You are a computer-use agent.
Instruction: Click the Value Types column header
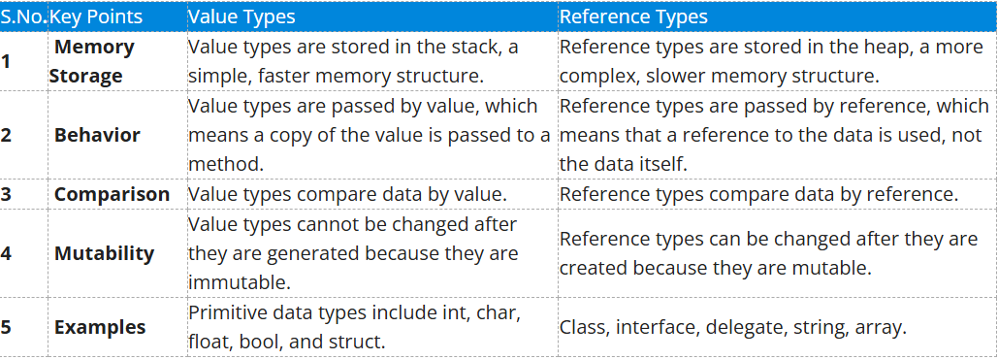point(241,16)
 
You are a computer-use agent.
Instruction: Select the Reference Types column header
point(633,16)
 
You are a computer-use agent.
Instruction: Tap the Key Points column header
point(95,16)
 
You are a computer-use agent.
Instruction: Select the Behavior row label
point(97,135)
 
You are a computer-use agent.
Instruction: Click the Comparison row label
point(112,194)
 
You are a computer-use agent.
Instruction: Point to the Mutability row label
point(104,253)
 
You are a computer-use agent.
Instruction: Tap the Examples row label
point(100,327)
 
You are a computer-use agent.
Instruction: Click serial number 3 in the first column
point(7,194)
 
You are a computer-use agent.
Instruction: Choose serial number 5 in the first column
point(7,327)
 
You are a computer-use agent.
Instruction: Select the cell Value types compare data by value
point(346,194)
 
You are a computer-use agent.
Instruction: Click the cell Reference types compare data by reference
point(758,194)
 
